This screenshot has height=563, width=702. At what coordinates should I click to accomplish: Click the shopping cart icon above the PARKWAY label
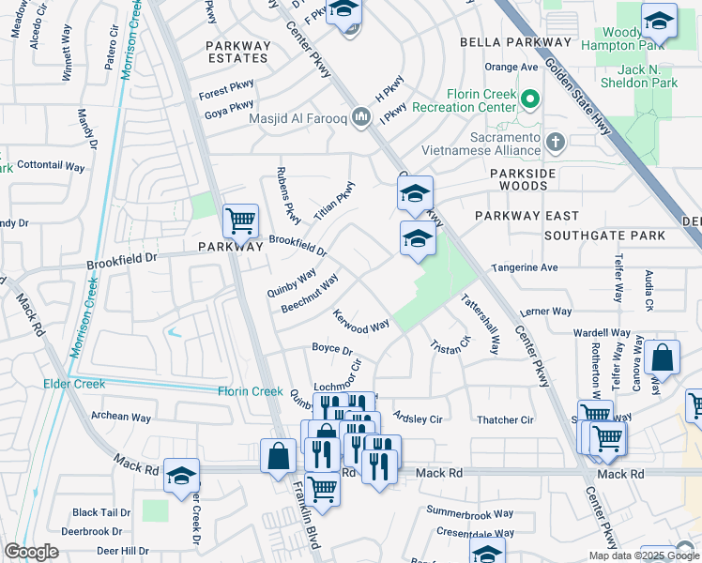tap(240, 222)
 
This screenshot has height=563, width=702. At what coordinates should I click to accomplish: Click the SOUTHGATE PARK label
tap(604, 235)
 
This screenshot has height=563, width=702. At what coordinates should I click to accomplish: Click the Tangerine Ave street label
tap(525, 267)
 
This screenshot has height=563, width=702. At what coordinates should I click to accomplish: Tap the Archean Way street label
tap(121, 417)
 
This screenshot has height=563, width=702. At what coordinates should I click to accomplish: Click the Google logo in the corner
tap(31, 552)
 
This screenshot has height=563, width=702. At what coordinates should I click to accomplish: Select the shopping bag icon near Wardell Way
tap(662, 358)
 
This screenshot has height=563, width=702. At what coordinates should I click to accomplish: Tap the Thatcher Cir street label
tap(505, 420)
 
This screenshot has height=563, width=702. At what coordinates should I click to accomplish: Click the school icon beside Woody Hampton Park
tap(659, 21)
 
